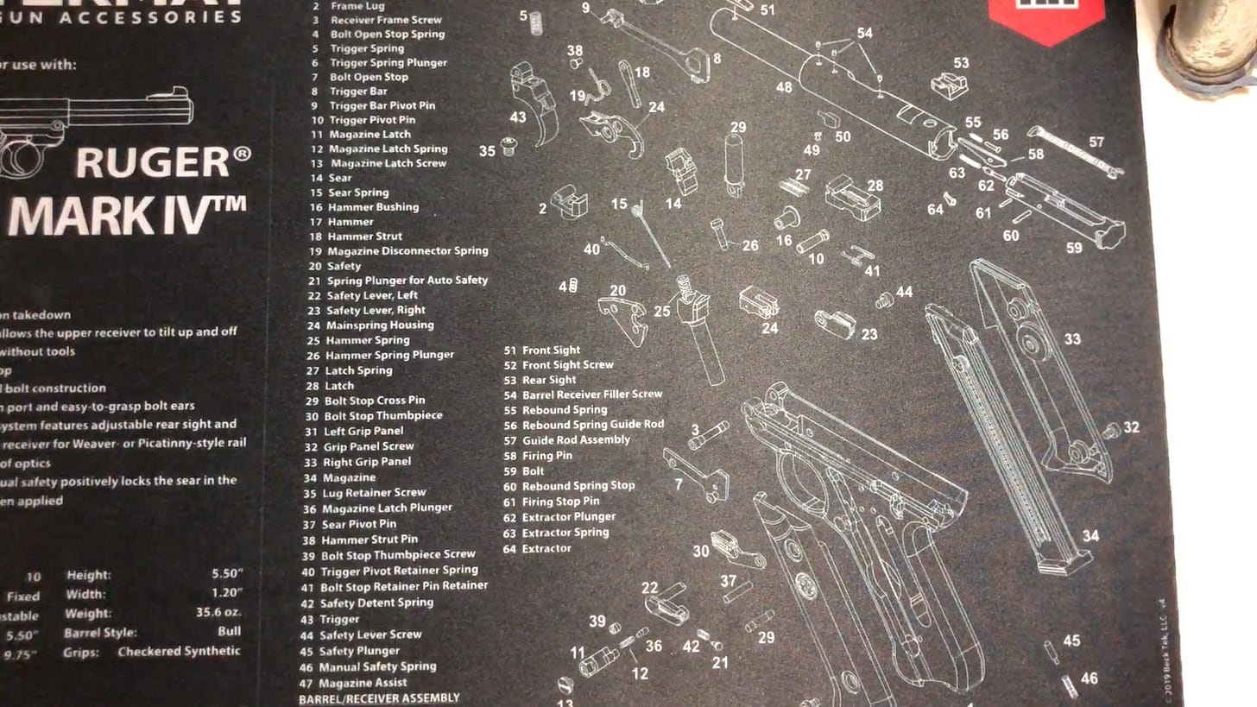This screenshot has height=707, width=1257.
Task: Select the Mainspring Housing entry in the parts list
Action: click(380, 325)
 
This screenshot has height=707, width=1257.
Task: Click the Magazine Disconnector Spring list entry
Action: click(407, 250)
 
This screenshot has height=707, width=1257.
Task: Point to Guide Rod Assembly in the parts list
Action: click(576, 440)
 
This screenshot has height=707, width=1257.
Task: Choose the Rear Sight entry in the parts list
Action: click(549, 380)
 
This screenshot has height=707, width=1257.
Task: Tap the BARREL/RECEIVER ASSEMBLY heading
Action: click(379, 698)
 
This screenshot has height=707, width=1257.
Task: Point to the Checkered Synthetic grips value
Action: click(179, 651)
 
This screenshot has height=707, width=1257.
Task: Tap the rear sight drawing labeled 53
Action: click(947, 85)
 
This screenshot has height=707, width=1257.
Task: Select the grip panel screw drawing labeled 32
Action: click(1112, 429)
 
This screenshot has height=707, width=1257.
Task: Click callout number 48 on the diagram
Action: click(783, 87)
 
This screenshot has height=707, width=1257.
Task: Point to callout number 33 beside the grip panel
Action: click(1071, 339)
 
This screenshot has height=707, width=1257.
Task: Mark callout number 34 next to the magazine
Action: click(1090, 536)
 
